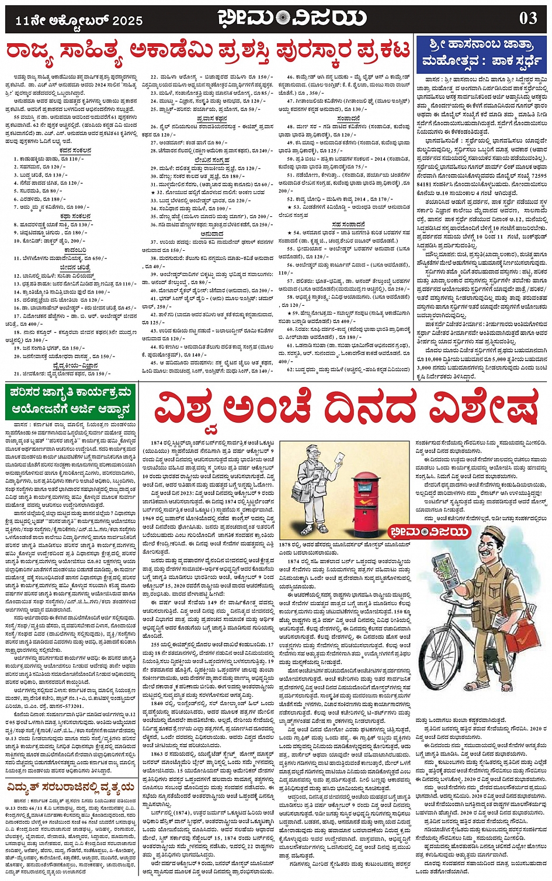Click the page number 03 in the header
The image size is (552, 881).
pos(528,18)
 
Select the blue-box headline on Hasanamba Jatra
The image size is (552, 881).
pos(482,53)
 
